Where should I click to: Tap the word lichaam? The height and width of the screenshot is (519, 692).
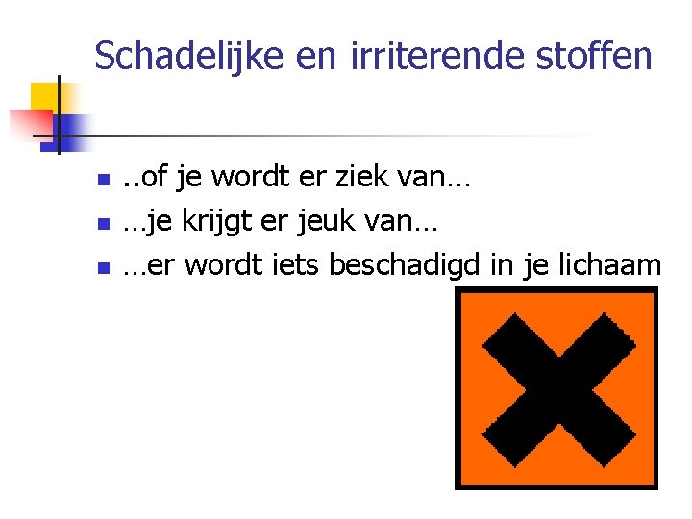pos(612,265)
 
